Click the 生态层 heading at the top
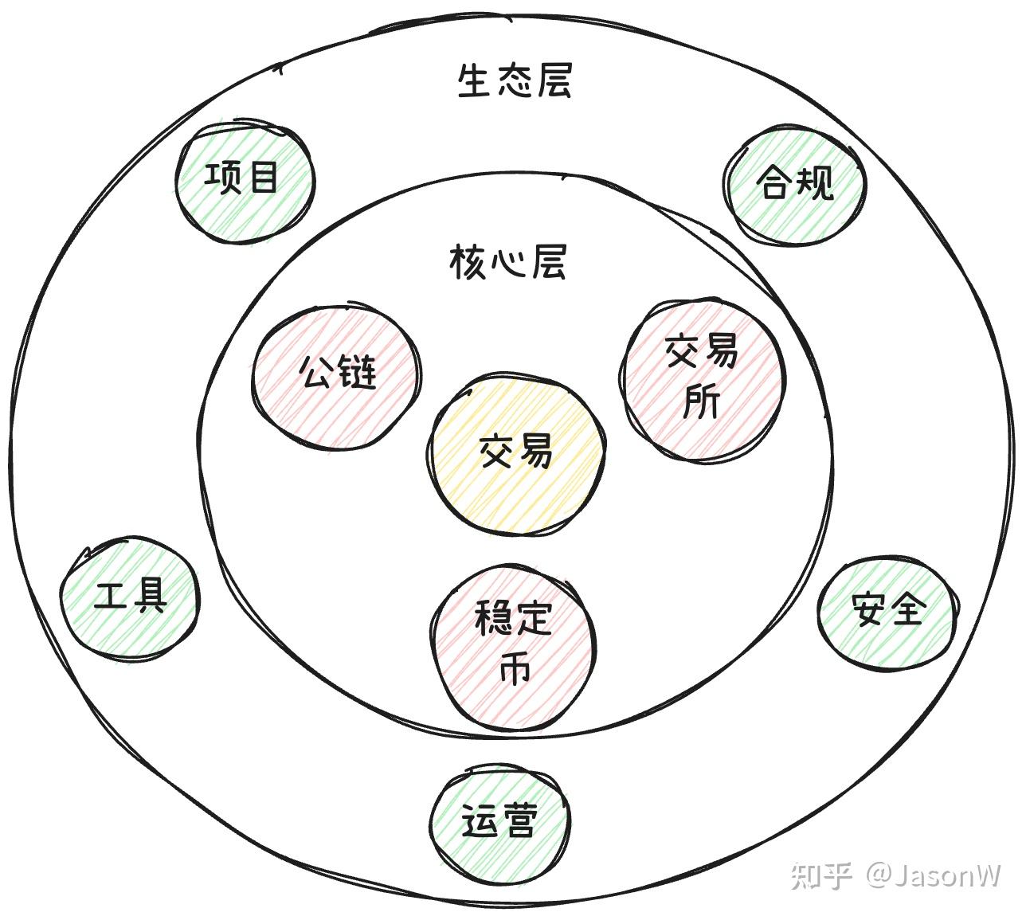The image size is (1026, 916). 515,80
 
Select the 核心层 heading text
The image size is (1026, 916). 507,262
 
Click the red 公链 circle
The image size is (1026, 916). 337,372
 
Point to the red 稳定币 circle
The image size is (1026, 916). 514,645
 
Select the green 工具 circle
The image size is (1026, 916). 130,597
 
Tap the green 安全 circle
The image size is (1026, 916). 887,610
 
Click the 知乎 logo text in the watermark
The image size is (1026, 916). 821,875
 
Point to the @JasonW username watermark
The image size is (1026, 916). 933,875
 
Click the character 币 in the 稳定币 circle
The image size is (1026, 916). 515,669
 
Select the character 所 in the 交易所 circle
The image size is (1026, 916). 702,400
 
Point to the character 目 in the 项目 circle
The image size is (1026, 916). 263,178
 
